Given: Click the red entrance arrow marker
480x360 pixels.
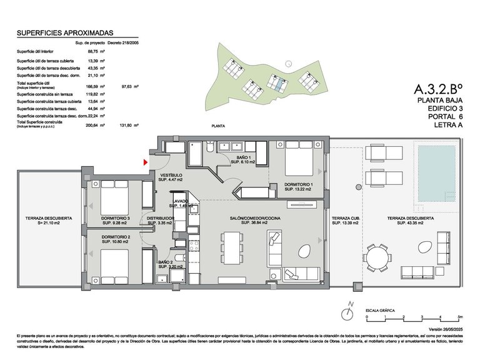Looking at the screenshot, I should [146, 162].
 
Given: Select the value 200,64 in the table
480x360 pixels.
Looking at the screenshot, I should [93, 125].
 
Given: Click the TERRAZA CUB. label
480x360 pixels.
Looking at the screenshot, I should [345, 218].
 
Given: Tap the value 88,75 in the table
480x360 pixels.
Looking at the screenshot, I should [93, 52].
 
